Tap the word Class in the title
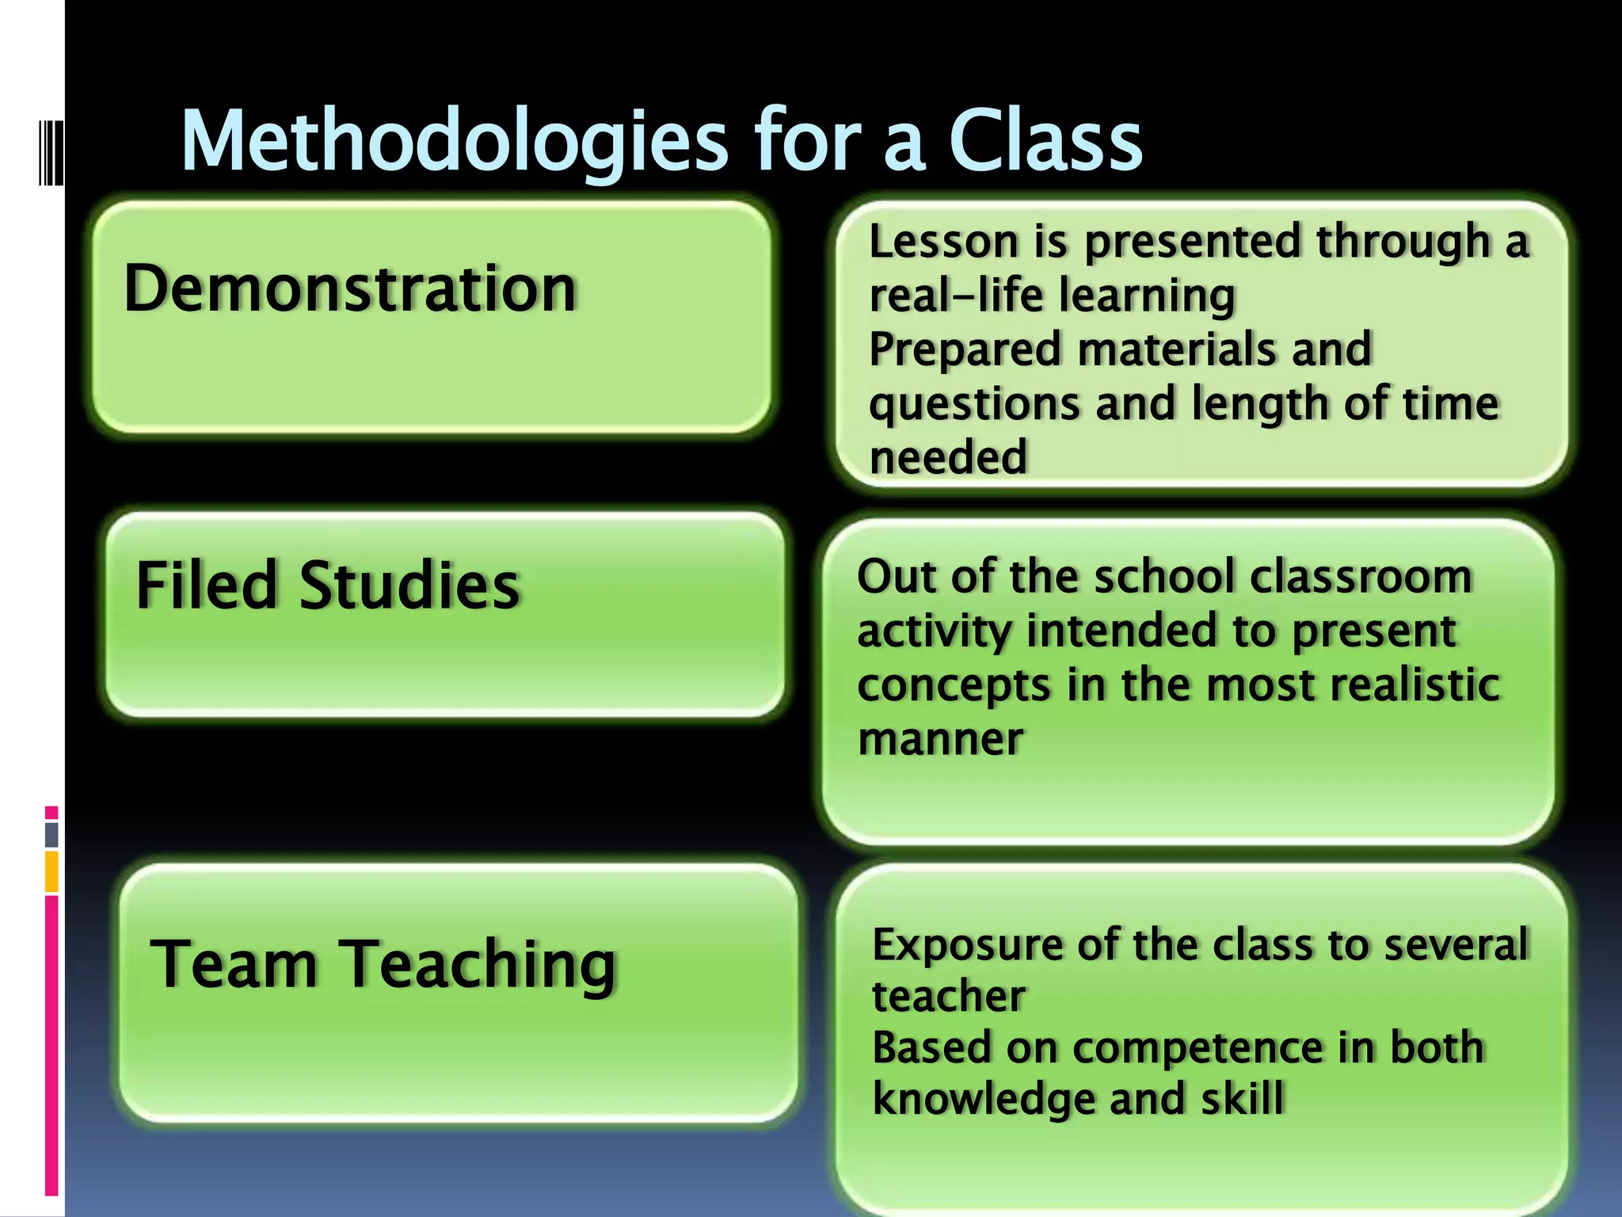click(x=1045, y=141)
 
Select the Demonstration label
click(x=350, y=288)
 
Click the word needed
click(x=948, y=457)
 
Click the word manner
click(x=940, y=738)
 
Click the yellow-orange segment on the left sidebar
click(x=51, y=872)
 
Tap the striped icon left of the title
click(x=51, y=152)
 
